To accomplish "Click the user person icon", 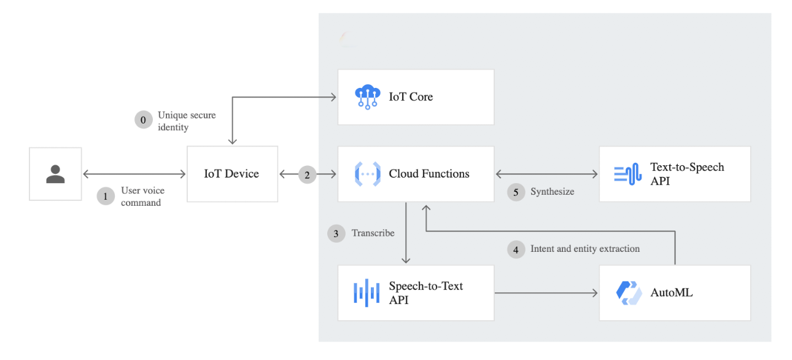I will coord(55,174).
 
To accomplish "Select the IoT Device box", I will coord(232,174).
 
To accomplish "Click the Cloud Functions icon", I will coord(367,174).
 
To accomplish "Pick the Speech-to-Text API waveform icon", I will coord(367,292).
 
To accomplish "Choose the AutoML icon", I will coord(629,292).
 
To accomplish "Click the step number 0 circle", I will coord(144,120).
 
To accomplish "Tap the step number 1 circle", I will coord(106,197).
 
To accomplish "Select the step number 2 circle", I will coord(308,174).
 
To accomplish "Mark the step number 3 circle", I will coord(336,233).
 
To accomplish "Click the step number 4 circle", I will coord(516,249).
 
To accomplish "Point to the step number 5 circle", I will coord(516,192).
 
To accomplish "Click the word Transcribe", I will coord(373,233).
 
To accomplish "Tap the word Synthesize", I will coord(552,192).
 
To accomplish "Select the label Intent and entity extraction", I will coord(584,249).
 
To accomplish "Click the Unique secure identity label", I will coord(187,121).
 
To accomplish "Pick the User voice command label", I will coord(142,197).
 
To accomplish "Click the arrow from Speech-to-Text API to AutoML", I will coord(546,293).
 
